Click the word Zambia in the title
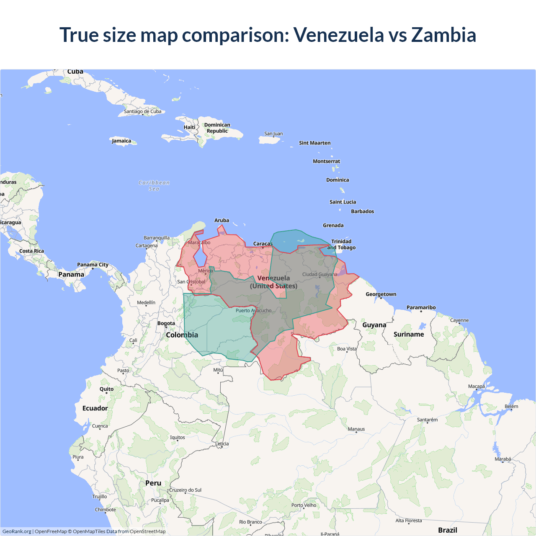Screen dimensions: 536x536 click(x=443, y=35)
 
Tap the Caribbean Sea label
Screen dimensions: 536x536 click(x=154, y=186)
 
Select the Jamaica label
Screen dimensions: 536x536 click(x=121, y=141)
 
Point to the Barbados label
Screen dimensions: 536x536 click(x=362, y=211)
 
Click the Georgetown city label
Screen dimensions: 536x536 click(x=381, y=294)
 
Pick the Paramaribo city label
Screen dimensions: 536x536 click(x=421, y=307)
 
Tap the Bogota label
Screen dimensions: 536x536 click(x=166, y=323)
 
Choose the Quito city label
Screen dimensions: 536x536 click(x=106, y=389)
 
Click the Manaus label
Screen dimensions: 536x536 click(x=356, y=429)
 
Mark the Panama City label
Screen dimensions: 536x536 click(x=93, y=265)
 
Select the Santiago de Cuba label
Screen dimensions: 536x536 click(x=142, y=111)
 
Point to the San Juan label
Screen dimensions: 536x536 click(x=273, y=134)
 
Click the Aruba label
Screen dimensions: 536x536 click(x=222, y=220)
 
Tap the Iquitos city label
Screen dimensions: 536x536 click(x=177, y=438)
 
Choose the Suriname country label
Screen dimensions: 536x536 click(x=409, y=334)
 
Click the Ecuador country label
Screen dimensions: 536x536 click(x=95, y=408)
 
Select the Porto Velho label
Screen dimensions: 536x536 click(x=304, y=505)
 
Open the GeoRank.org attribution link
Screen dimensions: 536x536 click(x=17, y=531)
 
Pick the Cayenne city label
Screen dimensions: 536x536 click(x=459, y=320)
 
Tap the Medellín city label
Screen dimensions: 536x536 click(x=146, y=303)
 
